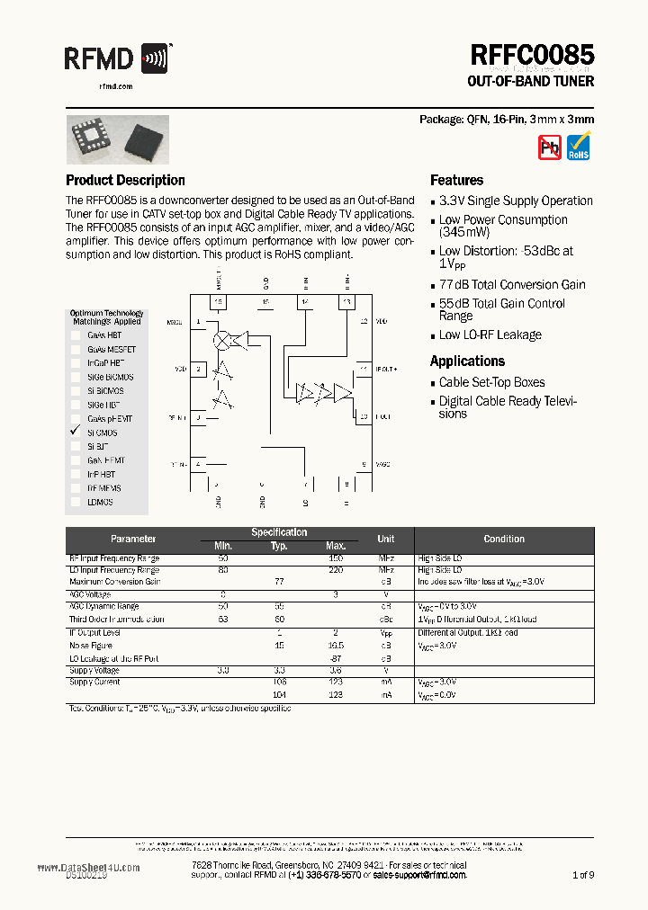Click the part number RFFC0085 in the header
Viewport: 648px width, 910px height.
(x=531, y=56)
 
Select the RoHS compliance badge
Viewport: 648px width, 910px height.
(x=579, y=147)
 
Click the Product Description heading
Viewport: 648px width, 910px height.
(x=125, y=180)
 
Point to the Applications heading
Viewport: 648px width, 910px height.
(x=467, y=361)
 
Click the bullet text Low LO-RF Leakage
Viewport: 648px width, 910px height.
(x=490, y=335)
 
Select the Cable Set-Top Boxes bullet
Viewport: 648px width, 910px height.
(x=491, y=382)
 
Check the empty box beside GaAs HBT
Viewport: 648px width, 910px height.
(x=76, y=335)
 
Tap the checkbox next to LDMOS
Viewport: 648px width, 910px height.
(x=76, y=502)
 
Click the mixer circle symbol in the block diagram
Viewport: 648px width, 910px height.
(x=220, y=339)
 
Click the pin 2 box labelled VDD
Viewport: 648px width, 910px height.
(x=199, y=369)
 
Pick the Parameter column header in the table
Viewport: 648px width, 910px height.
(x=133, y=539)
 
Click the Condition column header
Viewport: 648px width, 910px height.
(x=504, y=539)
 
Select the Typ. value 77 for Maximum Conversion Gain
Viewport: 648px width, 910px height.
(x=279, y=582)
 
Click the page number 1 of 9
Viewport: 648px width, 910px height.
(x=583, y=874)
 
